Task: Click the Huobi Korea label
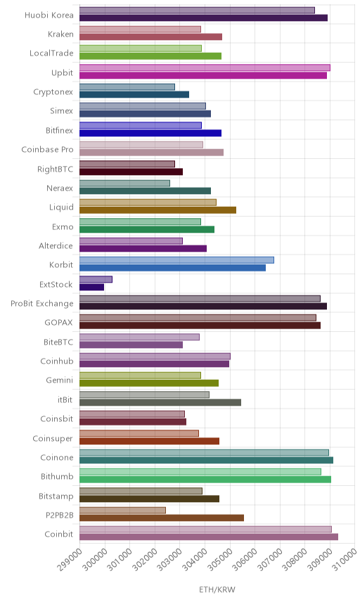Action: pyautogui.click(x=49, y=15)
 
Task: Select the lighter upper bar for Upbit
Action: pyautogui.click(x=205, y=68)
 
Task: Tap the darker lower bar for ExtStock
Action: pyautogui.click(x=91, y=287)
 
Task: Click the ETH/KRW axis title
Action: pyautogui.click(x=217, y=589)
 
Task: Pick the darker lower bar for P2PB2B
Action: pyautogui.click(x=162, y=518)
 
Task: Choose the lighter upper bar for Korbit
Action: pyautogui.click(x=177, y=260)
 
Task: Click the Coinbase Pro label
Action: pyautogui.click(x=47, y=149)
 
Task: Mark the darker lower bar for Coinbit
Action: pyautogui.click(x=209, y=537)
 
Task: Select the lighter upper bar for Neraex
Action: pyautogui.click(x=124, y=184)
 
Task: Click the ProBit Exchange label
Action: pyautogui.click(x=41, y=303)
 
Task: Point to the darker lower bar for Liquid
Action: pyautogui.click(x=157, y=210)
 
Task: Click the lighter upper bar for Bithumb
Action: pyautogui.click(x=200, y=472)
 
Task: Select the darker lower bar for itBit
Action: pyautogui.click(x=160, y=402)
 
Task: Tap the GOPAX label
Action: pyautogui.click(x=59, y=323)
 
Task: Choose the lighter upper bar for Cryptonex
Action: pyautogui.click(x=127, y=87)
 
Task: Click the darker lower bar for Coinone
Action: pyautogui.click(x=207, y=461)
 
